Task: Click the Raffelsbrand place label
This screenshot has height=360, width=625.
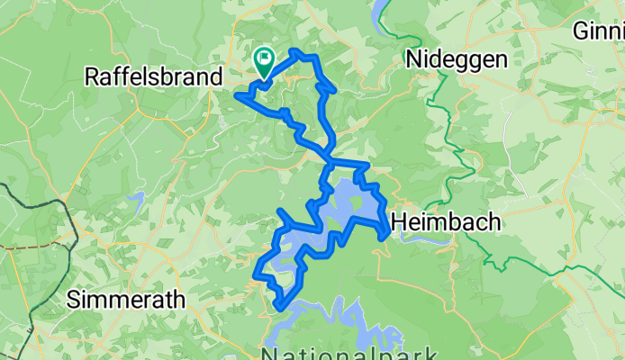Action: point(153,77)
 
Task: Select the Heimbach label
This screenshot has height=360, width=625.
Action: point(447,221)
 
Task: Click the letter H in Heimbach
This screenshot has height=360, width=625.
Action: point(398,221)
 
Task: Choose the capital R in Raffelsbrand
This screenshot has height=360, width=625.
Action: point(92,77)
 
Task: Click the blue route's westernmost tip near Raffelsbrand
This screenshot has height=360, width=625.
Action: point(237,94)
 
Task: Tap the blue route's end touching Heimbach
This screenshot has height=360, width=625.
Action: point(387,236)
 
